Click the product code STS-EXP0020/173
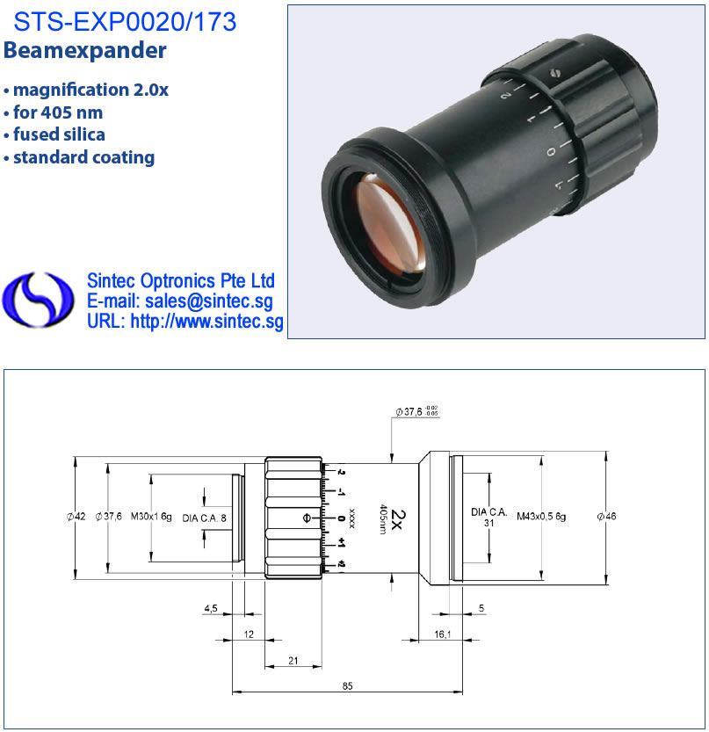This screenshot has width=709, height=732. click(x=125, y=21)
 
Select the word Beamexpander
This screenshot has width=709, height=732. click(x=84, y=50)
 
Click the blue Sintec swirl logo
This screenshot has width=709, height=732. click(x=38, y=300)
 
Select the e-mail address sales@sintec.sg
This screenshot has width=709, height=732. click(x=208, y=301)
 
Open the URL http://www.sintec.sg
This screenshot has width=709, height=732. click(x=206, y=322)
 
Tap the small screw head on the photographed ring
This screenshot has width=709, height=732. click(x=554, y=72)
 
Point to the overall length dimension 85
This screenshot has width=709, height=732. click(x=347, y=685)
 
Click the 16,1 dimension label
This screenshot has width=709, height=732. click(x=443, y=634)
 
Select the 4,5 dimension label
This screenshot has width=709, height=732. click(x=211, y=608)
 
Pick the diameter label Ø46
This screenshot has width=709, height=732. click(x=606, y=516)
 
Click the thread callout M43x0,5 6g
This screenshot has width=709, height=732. click(x=541, y=517)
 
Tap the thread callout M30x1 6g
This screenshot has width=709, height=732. click(x=151, y=517)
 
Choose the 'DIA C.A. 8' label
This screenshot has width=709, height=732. click(x=204, y=518)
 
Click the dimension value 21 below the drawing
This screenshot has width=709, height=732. click(x=293, y=660)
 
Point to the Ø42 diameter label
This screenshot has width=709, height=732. click(x=76, y=517)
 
